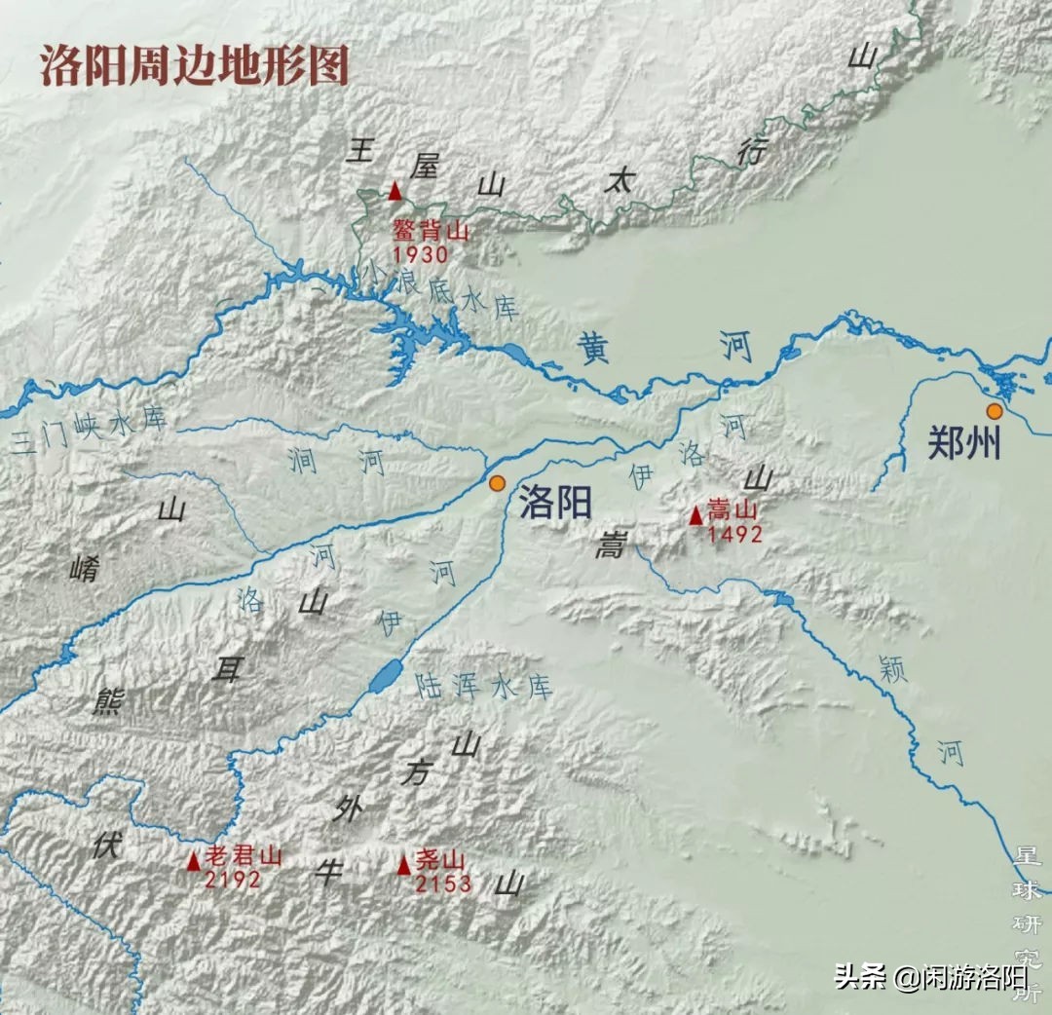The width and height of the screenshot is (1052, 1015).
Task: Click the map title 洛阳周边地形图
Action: pyautogui.click(x=194, y=66)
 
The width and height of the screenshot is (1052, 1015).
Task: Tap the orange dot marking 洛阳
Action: pyautogui.click(x=498, y=483)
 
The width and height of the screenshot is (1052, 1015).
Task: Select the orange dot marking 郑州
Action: pyautogui.click(x=994, y=411)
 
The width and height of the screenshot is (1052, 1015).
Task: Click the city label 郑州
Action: pyautogui.click(x=963, y=444)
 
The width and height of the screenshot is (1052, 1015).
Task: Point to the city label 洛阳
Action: pyautogui.click(x=555, y=503)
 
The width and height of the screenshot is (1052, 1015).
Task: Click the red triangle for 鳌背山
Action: pyautogui.click(x=394, y=192)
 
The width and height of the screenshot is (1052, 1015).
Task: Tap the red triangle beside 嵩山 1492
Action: pyautogui.click(x=695, y=515)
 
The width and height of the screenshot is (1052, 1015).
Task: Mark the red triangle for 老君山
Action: pyautogui.click(x=194, y=860)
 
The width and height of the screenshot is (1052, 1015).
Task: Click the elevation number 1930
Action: pyautogui.click(x=421, y=255)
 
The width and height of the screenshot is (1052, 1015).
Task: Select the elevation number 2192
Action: pyautogui.click(x=233, y=880)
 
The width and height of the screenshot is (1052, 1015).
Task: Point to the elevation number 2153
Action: pyautogui.click(x=442, y=883)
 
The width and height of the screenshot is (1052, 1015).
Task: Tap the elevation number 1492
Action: pyautogui.click(x=734, y=534)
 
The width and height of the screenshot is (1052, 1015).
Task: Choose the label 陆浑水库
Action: pyautogui.click(x=483, y=686)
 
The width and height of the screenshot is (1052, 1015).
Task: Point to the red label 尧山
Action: pyautogui.click(x=440, y=862)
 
